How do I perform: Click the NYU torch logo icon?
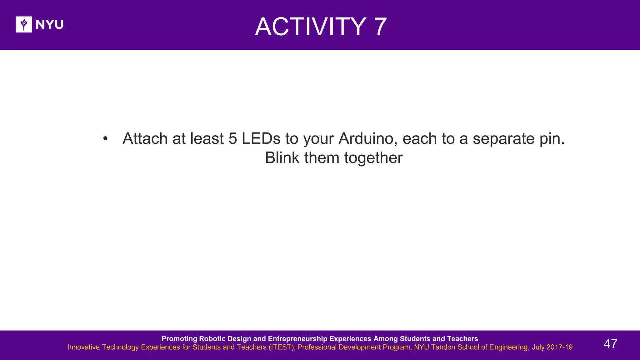(x=24, y=24)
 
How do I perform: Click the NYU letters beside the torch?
(x=49, y=24)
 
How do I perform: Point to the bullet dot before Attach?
(x=105, y=138)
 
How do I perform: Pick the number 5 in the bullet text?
(x=233, y=138)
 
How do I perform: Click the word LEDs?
(x=261, y=138)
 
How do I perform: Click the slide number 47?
(x=610, y=344)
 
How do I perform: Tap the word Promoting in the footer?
(x=179, y=339)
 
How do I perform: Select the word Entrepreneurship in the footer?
(x=297, y=339)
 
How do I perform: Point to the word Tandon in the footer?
(x=443, y=347)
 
